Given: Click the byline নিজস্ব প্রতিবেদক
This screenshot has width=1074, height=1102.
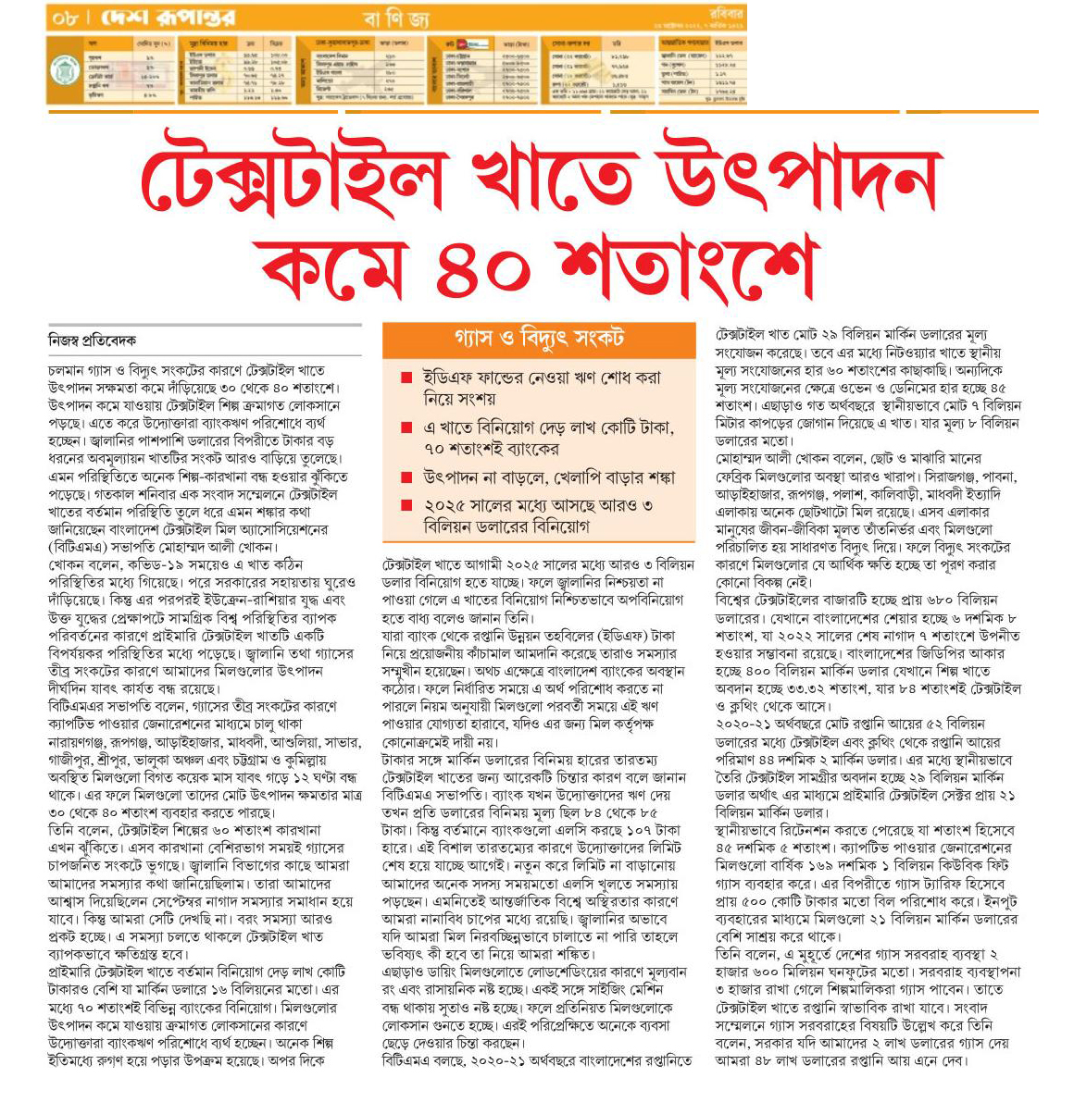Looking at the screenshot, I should coord(92,341).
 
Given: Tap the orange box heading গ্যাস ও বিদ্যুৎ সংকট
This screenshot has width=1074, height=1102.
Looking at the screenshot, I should coord(539,338).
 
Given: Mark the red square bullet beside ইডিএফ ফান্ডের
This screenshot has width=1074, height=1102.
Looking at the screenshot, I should coord(406,378).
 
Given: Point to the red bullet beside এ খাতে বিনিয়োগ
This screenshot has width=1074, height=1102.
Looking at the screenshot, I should coord(406,428).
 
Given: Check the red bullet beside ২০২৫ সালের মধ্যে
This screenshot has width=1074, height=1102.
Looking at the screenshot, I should coord(406,505).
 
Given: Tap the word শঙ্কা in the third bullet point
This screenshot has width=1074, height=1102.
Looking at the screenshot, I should coord(653,478).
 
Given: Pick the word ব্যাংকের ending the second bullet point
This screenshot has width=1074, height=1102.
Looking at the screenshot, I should coord(529,450).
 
